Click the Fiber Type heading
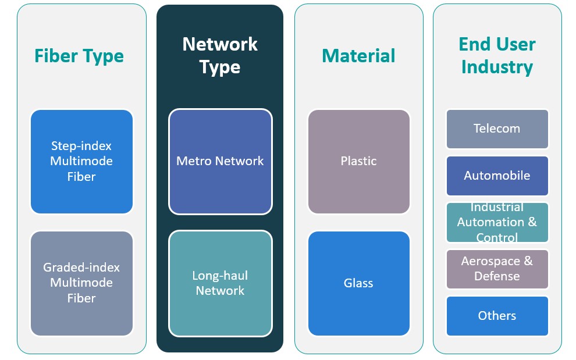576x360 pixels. point(79,56)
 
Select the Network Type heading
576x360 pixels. point(220,55)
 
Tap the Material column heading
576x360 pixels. point(358,56)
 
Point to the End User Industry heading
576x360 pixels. point(497,55)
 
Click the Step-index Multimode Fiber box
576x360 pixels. point(81,161)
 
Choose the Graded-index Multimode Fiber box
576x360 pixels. point(81,283)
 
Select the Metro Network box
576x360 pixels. point(220,161)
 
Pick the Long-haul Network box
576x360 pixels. point(220,283)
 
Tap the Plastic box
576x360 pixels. point(358,161)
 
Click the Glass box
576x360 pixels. point(358,283)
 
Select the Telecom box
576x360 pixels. point(497,129)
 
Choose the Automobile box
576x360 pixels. point(497,176)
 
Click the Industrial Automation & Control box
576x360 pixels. point(497,222)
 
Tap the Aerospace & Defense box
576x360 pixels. point(497,269)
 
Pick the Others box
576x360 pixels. point(497,316)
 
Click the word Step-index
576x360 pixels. point(81,146)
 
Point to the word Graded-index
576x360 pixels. point(81,268)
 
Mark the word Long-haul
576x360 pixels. point(220,275)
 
